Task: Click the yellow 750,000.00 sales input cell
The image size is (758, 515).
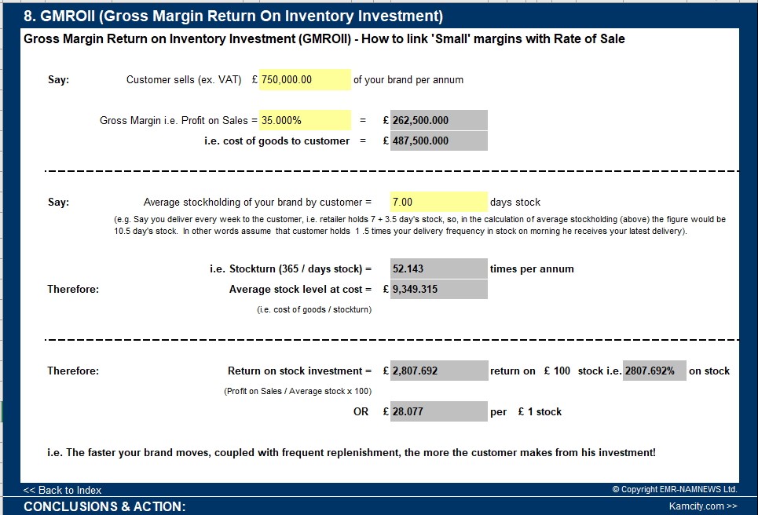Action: coord(305,79)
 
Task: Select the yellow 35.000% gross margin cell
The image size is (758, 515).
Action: coord(305,120)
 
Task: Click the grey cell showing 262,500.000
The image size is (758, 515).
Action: coord(438,120)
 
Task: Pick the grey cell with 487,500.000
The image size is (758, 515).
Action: coord(438,141)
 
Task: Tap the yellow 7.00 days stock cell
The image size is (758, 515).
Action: coord(438,202)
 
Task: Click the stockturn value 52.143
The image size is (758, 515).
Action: coord(438,268)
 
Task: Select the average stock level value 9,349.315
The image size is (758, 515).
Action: coord(438,289)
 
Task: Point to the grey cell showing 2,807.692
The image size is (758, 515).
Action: coord(438,371)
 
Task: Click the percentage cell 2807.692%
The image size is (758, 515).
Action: coord(654,371)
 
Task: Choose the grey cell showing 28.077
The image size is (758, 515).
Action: coord(438,411)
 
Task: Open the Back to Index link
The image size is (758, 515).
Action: coord(63,490)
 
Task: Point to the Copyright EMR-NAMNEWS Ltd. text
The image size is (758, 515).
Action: coord(675,490)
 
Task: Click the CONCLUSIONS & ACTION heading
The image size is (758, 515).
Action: coord(104,506)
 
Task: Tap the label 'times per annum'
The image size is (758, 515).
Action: coord(532,268)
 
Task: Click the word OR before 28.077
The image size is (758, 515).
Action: coord(361,411)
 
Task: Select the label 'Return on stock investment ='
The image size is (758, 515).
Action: coord(299,371)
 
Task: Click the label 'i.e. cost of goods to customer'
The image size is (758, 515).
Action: coord(276,141)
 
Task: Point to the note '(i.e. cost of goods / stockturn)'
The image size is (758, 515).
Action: coord(314,309)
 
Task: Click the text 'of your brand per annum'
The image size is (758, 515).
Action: coord(408,79)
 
